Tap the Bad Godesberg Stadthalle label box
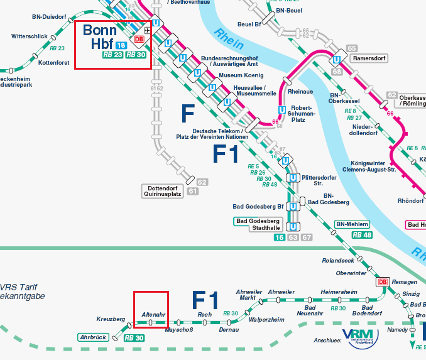(x=257, y=224)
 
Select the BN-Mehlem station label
(x=352, y=224)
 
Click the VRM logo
(x=358, y=335)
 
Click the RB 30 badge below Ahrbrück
(x=134, y=338)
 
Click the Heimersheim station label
(x=338, y=292)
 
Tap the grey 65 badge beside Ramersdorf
(x=352, y=48)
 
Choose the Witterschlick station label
(x=29, y=36)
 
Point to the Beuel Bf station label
(x=249, y=25)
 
